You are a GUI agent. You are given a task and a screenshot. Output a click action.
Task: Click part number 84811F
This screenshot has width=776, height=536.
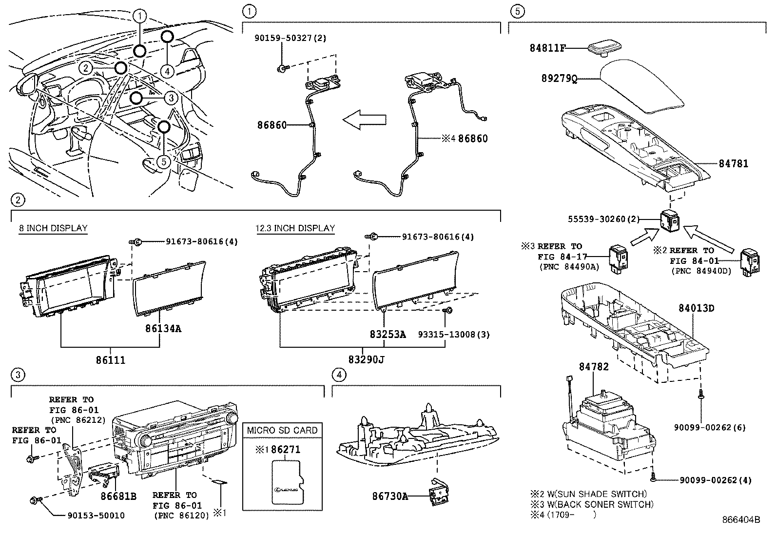[x=548, y=48]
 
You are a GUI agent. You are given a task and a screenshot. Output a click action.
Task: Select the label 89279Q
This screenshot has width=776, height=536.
[x=559, y=78]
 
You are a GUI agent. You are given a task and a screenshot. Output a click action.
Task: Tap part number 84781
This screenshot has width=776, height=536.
[x=733, y=164]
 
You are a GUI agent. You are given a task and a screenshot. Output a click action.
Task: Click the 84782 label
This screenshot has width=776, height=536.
[x=594, y=366]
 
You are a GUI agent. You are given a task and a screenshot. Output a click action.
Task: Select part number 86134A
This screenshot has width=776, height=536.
[x=163, y=328]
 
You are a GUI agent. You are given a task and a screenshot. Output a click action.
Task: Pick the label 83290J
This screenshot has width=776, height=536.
[x=367, y=360]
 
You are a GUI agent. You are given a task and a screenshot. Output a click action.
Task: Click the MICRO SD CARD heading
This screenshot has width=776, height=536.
[x=282, y=430]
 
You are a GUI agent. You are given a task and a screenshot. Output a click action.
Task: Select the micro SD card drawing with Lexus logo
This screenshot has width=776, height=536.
[x=287, y=483]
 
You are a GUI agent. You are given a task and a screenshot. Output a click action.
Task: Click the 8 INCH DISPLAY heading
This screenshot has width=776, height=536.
[x=53, y=228]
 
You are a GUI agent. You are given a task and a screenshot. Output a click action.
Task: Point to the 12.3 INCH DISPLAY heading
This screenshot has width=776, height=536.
[x=295, y=228]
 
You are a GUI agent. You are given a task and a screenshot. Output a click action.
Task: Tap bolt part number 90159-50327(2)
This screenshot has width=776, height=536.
[x=290, y=37]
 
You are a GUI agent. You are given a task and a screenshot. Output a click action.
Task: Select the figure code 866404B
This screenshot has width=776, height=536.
[x=741, y=519]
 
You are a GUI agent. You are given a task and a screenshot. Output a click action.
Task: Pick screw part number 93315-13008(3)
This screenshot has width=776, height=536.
[x=454, y=334]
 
